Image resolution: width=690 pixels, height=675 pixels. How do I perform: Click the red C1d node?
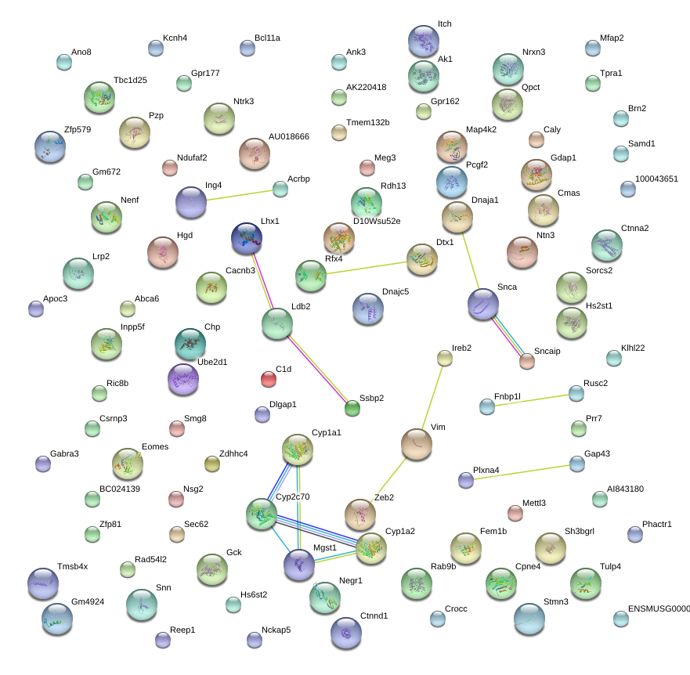click(269, 379)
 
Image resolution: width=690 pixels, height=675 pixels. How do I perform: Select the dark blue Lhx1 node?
click(247, 238)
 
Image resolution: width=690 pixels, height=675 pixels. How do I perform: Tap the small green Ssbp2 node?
click(352, 408)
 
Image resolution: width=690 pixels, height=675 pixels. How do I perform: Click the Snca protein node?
click(483, 304)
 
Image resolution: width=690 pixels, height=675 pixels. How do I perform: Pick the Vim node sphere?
click(417, 445)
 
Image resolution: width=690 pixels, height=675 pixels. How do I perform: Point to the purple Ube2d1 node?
click(183, 379)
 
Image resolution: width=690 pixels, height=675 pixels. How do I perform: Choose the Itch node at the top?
click(424, 41)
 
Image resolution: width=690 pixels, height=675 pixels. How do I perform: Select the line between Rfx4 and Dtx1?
click(367, 268)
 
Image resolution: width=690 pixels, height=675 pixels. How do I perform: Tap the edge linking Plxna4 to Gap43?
click(522, 472)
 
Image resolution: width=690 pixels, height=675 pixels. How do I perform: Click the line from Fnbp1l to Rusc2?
click(532, 400)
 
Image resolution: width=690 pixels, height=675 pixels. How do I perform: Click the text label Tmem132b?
click(368, 122)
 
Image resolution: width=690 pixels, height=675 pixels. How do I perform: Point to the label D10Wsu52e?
click(377, 221)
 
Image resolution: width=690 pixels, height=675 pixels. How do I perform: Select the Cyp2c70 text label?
click(293, 496)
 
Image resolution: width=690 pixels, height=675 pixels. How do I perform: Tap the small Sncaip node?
click(527, 361)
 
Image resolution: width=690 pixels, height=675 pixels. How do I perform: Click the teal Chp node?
click(190, 344)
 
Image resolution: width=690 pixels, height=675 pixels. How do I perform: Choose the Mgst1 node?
click(299, 565)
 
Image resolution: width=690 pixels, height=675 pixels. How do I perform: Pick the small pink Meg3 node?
click(367, 168)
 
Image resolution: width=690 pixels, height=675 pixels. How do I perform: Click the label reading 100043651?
click(656, 179)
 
